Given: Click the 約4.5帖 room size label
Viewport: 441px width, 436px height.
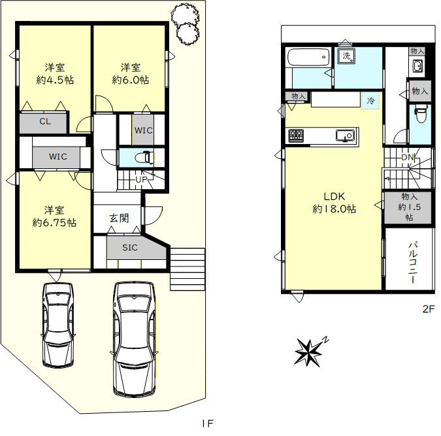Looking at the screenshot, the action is coord(55,80).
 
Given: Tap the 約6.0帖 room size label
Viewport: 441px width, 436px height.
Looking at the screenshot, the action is coord(131,80).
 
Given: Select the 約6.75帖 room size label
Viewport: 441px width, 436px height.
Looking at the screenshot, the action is coord(54,223).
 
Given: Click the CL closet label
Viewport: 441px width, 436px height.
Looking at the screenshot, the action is coord(45,122).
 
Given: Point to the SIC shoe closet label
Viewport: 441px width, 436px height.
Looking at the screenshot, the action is coord(130,247).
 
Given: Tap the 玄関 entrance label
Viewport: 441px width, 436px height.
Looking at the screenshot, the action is coord(120,218).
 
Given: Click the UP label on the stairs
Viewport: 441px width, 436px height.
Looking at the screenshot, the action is coord(141,179).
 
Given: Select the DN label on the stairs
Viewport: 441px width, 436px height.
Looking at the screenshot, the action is coord(407,157).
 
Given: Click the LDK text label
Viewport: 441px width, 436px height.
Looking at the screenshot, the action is coord(334,196).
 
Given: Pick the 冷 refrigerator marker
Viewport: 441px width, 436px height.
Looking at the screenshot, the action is coord(370,100).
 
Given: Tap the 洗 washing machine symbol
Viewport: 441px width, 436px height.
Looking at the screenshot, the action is coord(346,56).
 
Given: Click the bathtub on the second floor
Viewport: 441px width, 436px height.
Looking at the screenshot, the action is coord(308,57).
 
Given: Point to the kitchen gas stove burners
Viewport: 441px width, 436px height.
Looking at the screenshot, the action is coord(296,136).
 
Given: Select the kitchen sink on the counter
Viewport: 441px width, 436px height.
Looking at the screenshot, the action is coord(345,136).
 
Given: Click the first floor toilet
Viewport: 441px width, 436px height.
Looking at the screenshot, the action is coord(144,158).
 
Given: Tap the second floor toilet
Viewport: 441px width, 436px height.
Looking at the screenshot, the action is coord(421,114).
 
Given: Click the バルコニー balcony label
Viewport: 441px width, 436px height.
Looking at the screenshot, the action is coord(413,263).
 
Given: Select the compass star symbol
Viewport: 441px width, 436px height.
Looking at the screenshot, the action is coord(308,353).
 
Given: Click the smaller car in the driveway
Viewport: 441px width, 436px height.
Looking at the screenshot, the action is coord(58,325).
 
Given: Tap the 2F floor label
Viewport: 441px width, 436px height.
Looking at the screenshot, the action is coord(429,309).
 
